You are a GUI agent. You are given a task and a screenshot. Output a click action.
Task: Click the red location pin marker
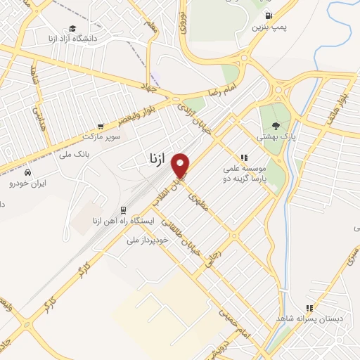[181, 166]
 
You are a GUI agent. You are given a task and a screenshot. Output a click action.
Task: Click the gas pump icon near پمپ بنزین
[269, 15]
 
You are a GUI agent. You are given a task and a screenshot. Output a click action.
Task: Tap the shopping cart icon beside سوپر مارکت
[101, 127]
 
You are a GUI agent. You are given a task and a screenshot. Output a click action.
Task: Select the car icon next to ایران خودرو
[27, 172]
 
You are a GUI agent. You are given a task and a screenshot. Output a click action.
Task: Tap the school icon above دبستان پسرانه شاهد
[309, 307]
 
